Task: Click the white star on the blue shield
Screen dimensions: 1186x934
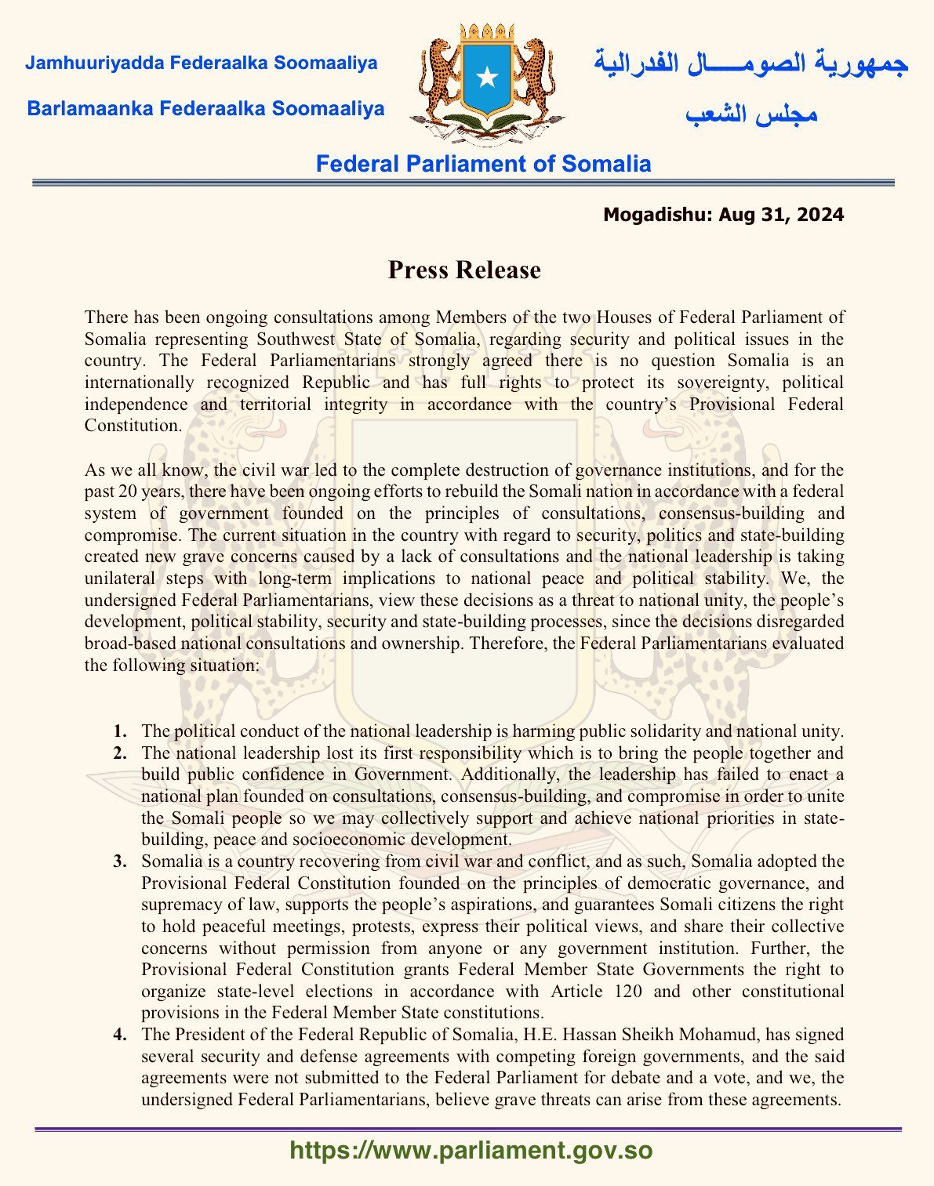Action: coord(487,76)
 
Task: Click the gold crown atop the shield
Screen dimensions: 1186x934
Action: coord(487,34)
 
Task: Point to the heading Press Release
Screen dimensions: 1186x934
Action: coord(464,270)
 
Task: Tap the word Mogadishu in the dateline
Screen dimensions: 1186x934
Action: coord(657,215)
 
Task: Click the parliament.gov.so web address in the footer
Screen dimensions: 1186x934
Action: coord(471,1151)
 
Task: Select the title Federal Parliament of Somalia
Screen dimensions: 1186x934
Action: coord(483,164)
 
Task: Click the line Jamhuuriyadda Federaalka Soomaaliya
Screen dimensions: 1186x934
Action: coord(202,63)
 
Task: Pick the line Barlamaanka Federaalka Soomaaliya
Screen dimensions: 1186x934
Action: coord(205,108)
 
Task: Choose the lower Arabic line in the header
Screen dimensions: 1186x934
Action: coord(751,114)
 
